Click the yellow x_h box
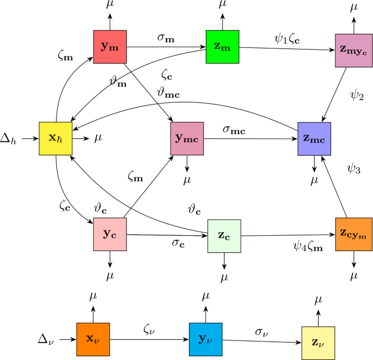pos(56,138)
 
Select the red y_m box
pos(109,47)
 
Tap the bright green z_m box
pos(222,47)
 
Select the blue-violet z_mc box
pos(314,138)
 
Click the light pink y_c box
pos(110,234)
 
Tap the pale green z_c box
pos(224,235)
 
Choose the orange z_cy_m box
pos(352,234)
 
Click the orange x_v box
pos(93,339)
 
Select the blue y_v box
pos(205,339)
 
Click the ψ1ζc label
pos(286,39)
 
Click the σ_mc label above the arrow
pos(234,129)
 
